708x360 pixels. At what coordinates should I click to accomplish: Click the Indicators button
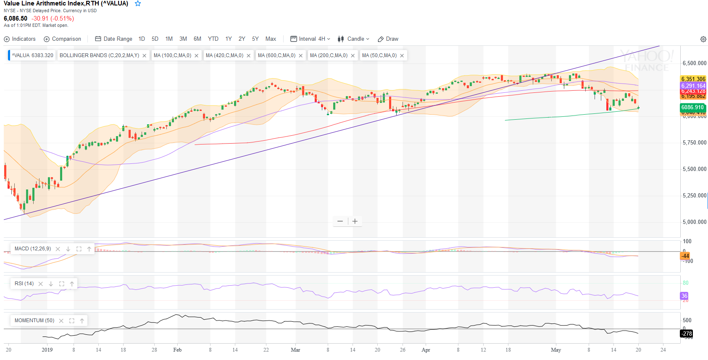(x=20, y=39)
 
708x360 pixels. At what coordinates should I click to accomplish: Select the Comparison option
(x=63, y=39)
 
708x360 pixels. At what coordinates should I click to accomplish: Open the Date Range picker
(x=114, y=39)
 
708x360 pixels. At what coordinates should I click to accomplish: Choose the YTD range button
(x=213, y=39)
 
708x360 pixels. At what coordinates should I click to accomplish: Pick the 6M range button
(x=197, y=39)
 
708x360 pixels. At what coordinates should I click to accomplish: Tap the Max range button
(x=271, y=39)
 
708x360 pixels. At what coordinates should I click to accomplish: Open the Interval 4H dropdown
(x=311, y=39)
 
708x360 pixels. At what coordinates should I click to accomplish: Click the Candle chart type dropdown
(x=353, y=39)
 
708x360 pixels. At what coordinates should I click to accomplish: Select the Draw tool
(x=388, y=39)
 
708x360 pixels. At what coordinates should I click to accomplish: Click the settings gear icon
(x=703, y=39)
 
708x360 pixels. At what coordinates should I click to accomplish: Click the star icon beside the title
(x=138, y=4)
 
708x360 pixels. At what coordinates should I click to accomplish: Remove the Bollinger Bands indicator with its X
(x=145, y=55)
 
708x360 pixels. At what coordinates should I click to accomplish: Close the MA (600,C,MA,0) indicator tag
(x=301, y=55)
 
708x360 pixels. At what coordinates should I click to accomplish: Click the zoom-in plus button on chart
(x=355, y=221)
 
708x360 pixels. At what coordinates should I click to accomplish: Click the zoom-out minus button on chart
(x=340, y=221)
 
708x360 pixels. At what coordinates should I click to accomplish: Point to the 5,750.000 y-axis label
(x=694, y=143)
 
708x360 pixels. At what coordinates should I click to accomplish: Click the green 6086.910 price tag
(x=692, y=107)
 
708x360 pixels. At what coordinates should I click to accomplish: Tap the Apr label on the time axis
(x=426, y=350)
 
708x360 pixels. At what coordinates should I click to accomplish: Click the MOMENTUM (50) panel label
(x=34, y=321)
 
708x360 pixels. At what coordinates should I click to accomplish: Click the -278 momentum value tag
(x=687, y=334)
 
